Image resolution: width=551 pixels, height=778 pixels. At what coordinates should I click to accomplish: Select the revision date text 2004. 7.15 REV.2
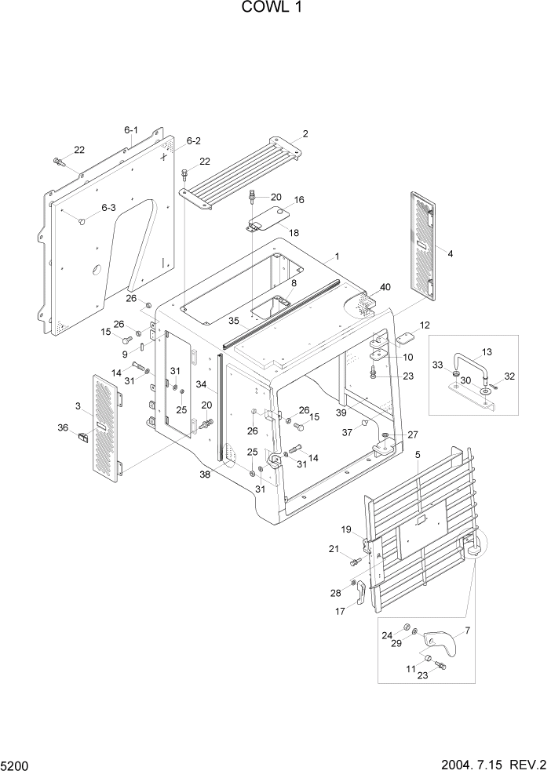[x=488, y=764]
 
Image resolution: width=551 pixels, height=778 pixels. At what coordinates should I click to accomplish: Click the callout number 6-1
[x=130, y=130]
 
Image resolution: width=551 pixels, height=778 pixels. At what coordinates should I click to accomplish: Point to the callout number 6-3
[x=108, y=208]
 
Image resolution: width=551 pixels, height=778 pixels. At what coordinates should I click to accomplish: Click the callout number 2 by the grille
[x=305, y=133]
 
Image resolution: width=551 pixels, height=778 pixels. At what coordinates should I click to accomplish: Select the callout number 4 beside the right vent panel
[x=450, y=253]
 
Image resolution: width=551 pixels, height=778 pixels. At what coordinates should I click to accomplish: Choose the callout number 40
[x=385, y=287]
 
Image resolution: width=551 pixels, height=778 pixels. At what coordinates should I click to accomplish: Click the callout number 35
[x=233, y=321]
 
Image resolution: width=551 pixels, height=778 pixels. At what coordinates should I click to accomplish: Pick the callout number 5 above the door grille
[x=418, y=454]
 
